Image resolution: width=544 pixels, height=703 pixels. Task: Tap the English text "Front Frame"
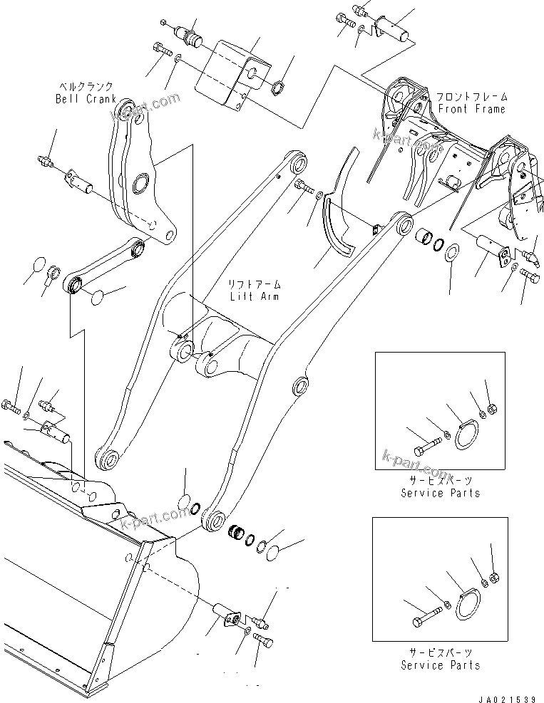pos(471,109)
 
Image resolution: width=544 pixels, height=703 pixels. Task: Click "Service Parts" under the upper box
pos(440,493)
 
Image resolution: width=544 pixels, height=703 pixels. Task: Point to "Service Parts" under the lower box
pos(440,665)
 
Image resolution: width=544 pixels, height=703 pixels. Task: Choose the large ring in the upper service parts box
pos(467,436)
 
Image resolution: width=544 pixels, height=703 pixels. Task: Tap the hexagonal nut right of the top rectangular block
pos(281,90)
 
